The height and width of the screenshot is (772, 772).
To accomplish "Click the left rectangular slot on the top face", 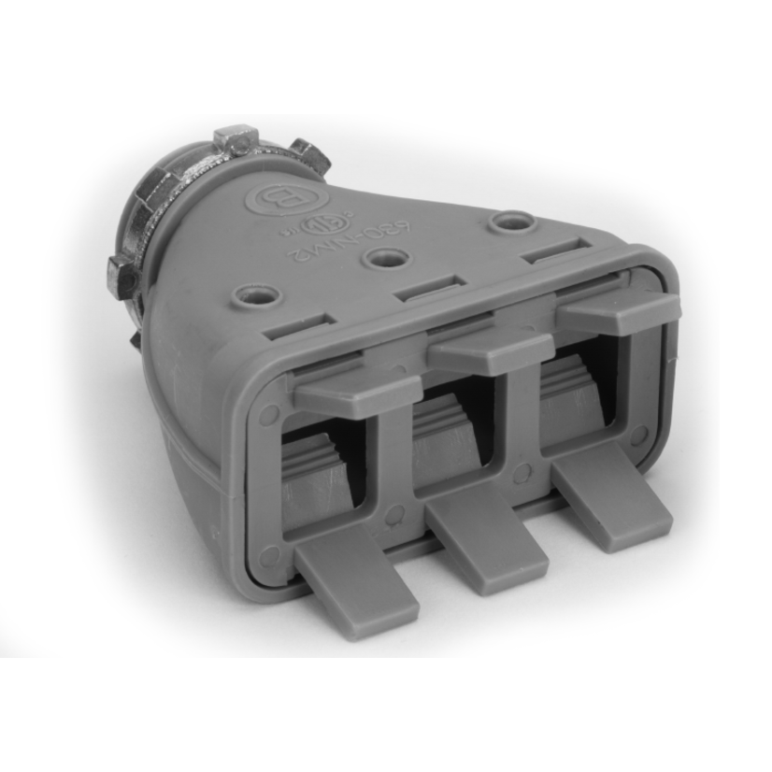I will point(301,328).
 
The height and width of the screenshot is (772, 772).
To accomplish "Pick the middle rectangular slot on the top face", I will point(430,290).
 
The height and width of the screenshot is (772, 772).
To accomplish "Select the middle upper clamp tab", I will point(487,350).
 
